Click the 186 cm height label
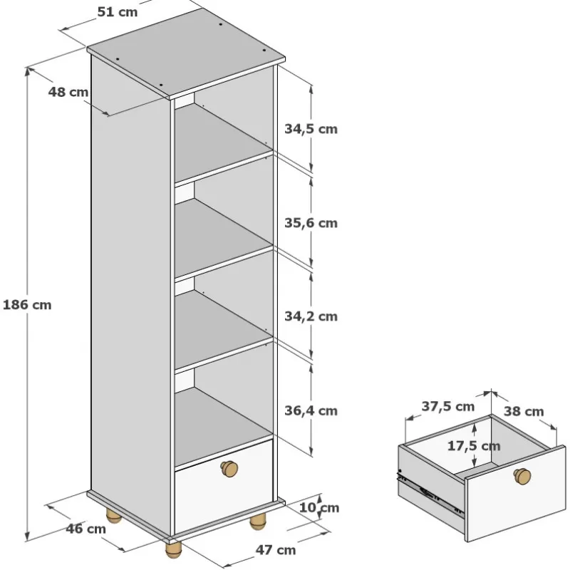tap(27, 305)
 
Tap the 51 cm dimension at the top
tap(118, 12)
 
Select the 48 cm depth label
tap(68, 92)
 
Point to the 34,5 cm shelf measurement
tap(311, 129)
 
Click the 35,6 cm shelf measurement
tap(311, 223)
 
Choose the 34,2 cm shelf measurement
tap(311, 316)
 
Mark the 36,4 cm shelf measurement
tap(311, 410)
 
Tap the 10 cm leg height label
tap(318, 507)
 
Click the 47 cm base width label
tap(276, 550)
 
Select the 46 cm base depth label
tap(85, 529)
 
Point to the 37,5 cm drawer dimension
tap(448, 406)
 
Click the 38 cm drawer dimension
tap(524, 411)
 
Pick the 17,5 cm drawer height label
tap(474, 446)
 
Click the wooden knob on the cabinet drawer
tap(229, 469)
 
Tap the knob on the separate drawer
tap(522, 476)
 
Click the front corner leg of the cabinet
tap(173, 549)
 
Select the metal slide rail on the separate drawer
tap(431, 494)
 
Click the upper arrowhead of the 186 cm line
tap(27, 72)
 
